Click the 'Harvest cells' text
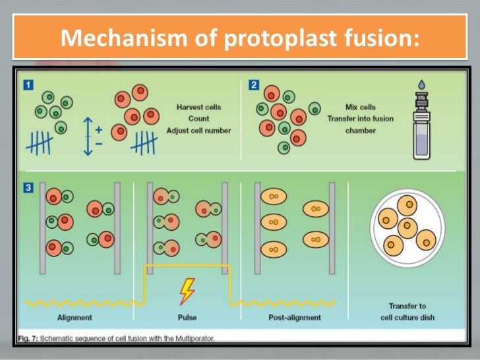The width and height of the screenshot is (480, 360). pyautogui.click(x=198, y=107)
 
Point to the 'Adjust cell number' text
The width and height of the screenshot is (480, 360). pyautogui.click(x=198, y=131)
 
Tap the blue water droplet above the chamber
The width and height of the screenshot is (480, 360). pyautogui.click(x=421, y=84)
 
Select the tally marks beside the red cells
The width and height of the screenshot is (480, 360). pyautogui.click(x=144, y=141)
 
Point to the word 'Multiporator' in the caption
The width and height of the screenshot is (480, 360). pyautogui.click(x=192, y=338)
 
